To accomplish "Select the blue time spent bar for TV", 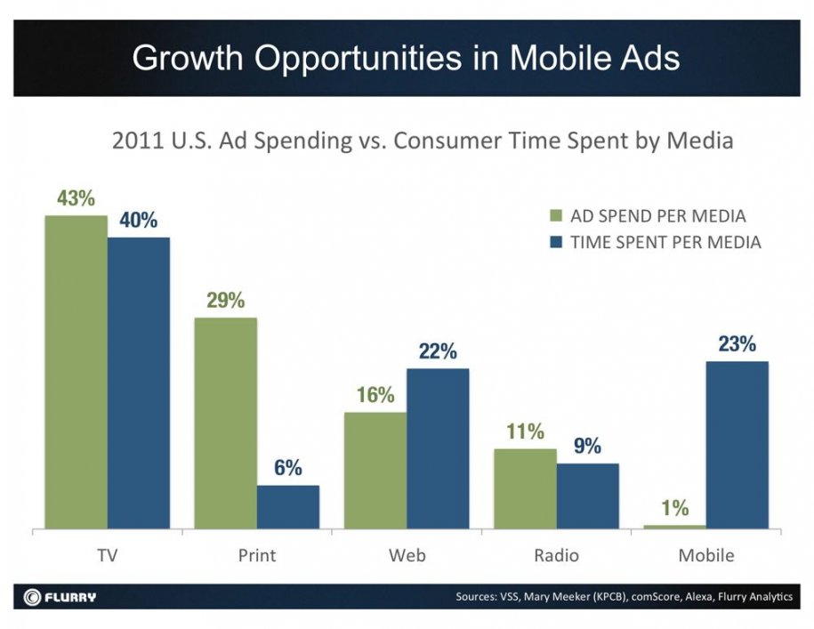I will [139, 383].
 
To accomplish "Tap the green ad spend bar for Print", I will [225, 423].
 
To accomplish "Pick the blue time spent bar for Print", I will [288, 506].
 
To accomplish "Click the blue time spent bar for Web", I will [438, 448].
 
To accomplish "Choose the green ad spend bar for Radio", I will [525, 488].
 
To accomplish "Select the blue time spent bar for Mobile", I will [737, 444].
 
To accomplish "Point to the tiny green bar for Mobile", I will [674, 527].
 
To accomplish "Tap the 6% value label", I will [288, 468].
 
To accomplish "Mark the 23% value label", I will [737, 344].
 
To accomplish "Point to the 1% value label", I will [674, 508].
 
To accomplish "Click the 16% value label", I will [375, 396].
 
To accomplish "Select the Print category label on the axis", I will [257, 555].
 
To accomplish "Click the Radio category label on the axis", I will [556, 555].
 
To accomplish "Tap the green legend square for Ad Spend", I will [556, 216].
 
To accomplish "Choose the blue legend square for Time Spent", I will [556, 241].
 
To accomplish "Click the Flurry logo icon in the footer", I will [32, 596].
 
